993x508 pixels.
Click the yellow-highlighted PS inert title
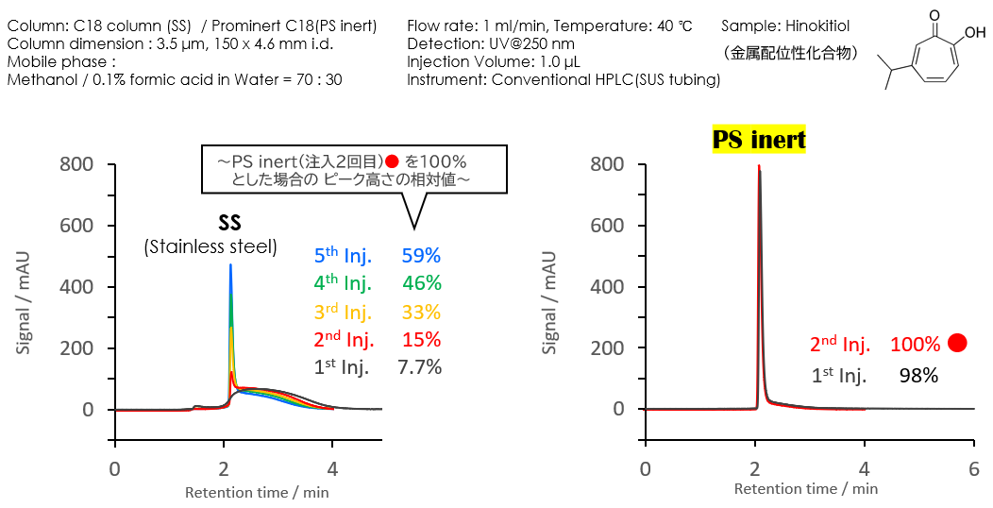[x=759, y=141]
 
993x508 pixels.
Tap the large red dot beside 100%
[x=957, y=343]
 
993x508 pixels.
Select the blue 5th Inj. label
[x=343, y=255]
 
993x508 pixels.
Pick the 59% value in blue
[x=421, y=255]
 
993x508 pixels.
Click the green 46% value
[x=421, y=283]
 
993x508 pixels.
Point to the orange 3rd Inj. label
[x=343, y=312]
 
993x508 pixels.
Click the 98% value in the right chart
[x=917, y=376]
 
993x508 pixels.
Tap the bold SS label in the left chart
[x=229, y=223]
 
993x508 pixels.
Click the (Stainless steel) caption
[x=210, y=247]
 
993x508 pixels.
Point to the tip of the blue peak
[x=230, y=265]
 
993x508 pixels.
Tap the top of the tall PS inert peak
[x=758, y=167]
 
